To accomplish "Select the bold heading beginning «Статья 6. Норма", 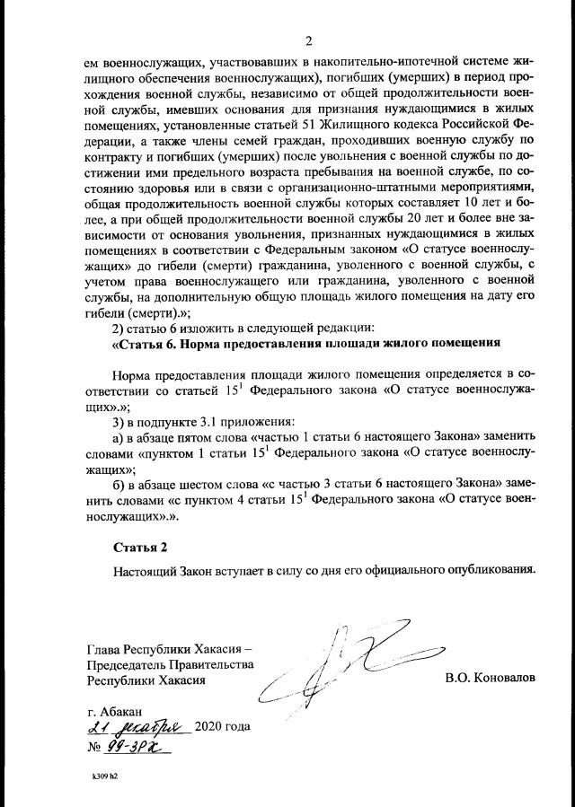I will tap(305, 345).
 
